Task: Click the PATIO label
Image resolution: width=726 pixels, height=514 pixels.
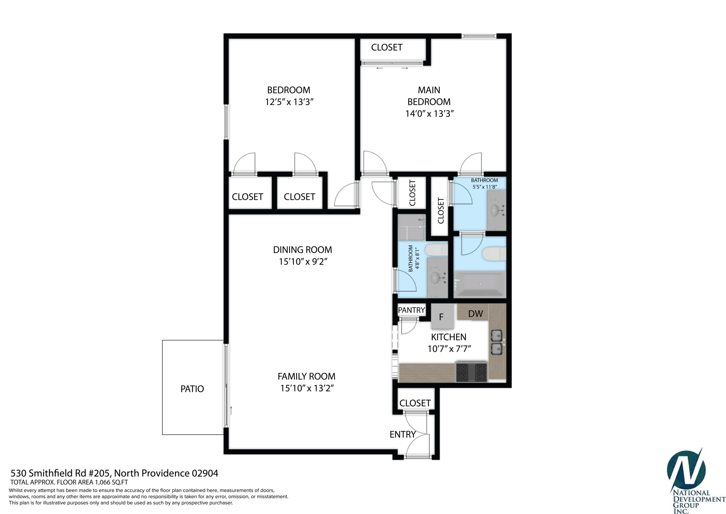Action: (x=192, y=389)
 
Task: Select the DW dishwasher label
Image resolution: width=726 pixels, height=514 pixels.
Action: (x=476, y=314)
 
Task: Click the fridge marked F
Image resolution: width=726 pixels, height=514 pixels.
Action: (x=442, y=317)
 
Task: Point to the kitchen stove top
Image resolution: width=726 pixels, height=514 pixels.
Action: (x=471, y=372)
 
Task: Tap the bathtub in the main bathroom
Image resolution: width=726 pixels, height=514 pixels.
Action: (x=480, y=284)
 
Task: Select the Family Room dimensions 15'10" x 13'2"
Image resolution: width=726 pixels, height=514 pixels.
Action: (x=307, y=388)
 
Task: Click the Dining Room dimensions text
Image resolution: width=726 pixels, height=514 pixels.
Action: (x=303, y=262)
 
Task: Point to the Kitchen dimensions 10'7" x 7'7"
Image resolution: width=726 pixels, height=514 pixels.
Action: (x=449, y=349)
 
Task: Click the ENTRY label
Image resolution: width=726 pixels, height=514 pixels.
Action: (x=402, y=434)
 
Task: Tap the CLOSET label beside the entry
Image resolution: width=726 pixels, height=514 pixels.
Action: (x=415, y=403)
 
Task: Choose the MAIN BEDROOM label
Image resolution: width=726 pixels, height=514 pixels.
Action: (x=429, y=96)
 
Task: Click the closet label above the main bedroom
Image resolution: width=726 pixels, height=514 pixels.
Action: (x=387, y=47)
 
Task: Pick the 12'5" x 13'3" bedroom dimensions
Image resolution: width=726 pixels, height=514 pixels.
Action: (x=289, y=102)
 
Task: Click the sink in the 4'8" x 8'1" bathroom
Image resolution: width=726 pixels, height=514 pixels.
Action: (x=436, y=278)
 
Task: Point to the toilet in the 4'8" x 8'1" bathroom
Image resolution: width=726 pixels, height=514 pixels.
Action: (x=437, y=250)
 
